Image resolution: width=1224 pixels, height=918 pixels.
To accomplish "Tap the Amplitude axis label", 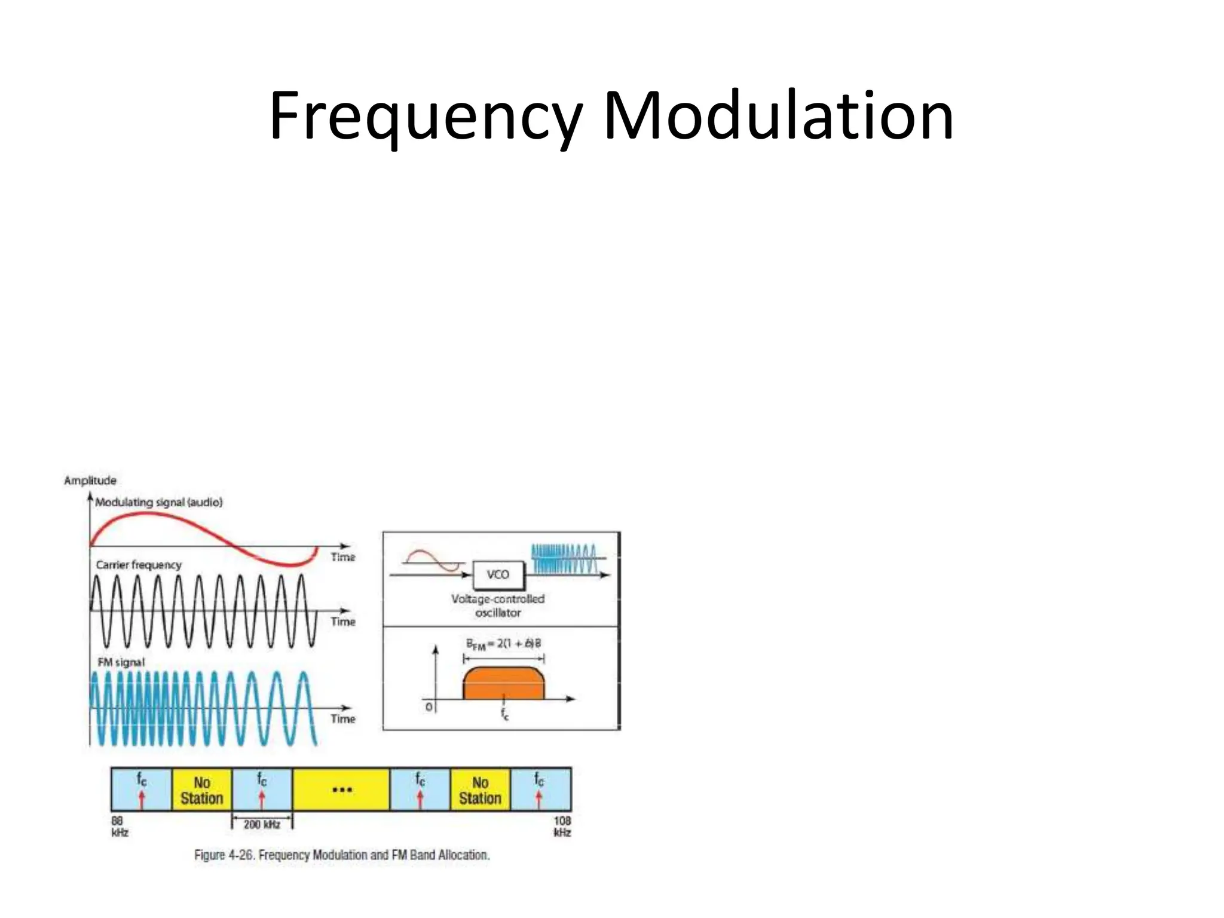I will click(x=90, y=481).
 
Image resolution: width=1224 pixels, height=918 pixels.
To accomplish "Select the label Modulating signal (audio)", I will click(x=159, y=503).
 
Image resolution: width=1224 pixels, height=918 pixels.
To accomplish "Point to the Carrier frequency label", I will click(x=139, y=565).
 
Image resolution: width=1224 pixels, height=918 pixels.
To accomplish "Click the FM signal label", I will click(x=121, y=662).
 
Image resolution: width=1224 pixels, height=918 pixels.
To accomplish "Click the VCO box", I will click(x=498, y=575).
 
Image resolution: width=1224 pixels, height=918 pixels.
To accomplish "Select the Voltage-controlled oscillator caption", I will click(x=498, y=605).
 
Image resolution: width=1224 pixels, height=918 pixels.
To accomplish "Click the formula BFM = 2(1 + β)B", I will click(x=503, y=644).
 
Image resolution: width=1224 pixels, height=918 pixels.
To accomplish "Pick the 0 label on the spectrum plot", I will click(x=429, y=707).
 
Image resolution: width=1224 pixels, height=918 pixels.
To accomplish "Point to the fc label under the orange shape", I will click(x=505, y=714).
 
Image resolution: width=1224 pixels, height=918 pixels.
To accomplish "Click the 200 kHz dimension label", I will click(x=262, y=825).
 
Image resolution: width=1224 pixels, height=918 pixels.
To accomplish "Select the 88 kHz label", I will click(x=120, y=827).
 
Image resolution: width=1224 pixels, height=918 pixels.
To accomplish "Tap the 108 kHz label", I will click(x=562, y=827).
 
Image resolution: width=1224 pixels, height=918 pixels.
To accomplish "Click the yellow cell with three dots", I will click(x=341, y=790).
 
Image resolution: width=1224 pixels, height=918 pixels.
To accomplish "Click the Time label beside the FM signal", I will click(x=343, y=718).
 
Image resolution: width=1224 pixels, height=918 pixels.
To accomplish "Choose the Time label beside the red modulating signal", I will click(x=343, y=557).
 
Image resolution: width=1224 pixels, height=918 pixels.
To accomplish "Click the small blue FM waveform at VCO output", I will click(x=564, y=559).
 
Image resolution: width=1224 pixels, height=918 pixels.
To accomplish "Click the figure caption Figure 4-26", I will click(x=342, y=855).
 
